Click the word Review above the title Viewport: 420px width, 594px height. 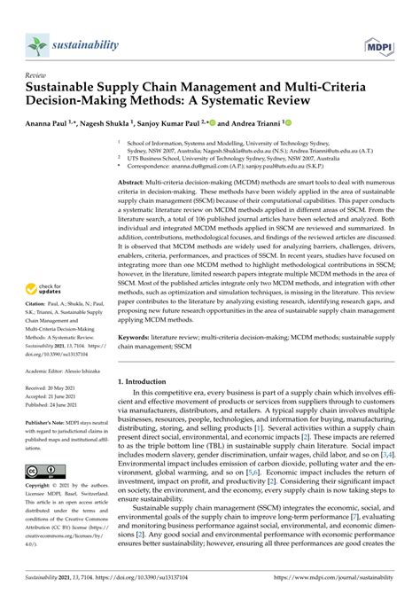pos(37,76)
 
